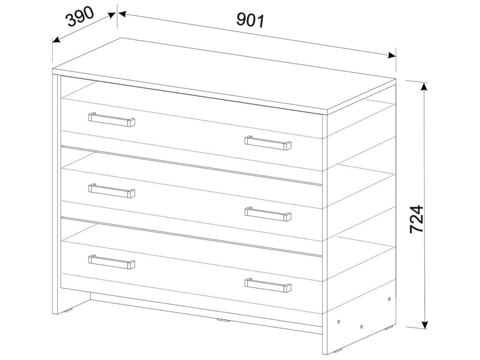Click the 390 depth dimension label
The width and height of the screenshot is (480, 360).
click(80, 17)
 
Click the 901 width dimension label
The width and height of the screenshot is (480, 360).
click(250, 20)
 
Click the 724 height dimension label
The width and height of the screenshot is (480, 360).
click(416, 219)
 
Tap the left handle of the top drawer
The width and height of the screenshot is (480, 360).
click(112, 120)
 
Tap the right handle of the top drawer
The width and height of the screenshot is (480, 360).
click(268, 143)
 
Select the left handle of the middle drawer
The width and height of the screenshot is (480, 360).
click(112, 191)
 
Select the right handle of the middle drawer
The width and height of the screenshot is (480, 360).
click(268, 214)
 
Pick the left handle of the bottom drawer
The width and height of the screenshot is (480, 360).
click(112, 262)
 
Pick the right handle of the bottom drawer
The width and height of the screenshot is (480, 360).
click(268, 285)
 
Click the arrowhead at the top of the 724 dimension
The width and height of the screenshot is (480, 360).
click(424, 87)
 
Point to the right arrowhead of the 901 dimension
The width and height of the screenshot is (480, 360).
click(392, 56)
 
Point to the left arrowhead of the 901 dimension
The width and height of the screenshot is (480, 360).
click(122, 14)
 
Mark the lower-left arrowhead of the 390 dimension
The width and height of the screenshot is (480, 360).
click(56, 40)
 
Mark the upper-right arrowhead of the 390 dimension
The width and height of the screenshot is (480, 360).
click(112, 15)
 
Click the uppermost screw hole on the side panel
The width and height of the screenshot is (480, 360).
click(390, 298)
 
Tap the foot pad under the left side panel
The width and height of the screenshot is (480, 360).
click(69, 310)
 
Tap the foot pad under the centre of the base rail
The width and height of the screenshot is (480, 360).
click(223, 320)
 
